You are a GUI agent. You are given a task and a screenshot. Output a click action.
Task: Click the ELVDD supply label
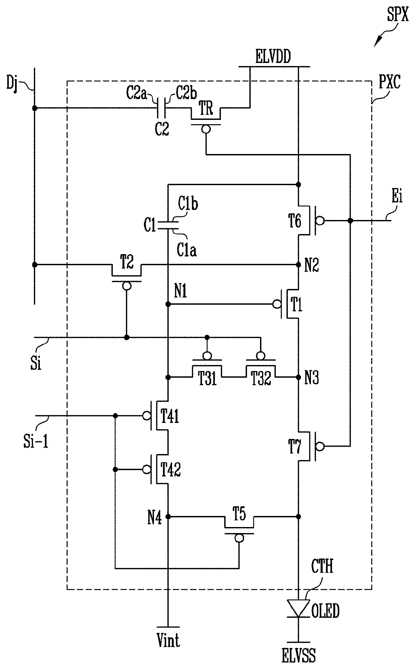(273, 57)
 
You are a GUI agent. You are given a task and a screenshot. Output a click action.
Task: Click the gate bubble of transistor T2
(127, 286)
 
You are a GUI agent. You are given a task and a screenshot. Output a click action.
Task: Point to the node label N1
(180, 292)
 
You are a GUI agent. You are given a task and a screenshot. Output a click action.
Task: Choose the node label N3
(312, 378)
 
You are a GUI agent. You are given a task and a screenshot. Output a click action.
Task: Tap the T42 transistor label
(171, 470)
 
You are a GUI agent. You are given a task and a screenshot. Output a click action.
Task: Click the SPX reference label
(397, 15)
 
